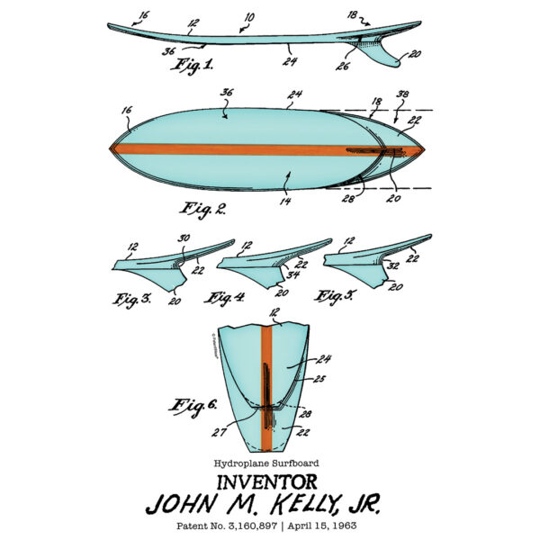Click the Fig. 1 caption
pos(192,66)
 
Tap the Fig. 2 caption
pos(202,210)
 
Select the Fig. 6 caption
pos(193,407)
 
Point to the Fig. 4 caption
pos(224,298)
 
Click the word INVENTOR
pos(267,482)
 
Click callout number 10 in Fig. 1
pos(249,18)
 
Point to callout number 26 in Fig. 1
pos(342,66)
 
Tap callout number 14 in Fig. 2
pos(285,201)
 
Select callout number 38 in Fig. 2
pos(402,94)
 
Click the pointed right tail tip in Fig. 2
pos(424,150)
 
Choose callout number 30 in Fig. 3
pos(184,238)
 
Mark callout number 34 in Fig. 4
pos(293,274)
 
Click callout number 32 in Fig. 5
pos(393,265)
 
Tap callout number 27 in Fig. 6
pos(219,433)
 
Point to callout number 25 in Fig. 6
pos(319,379)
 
